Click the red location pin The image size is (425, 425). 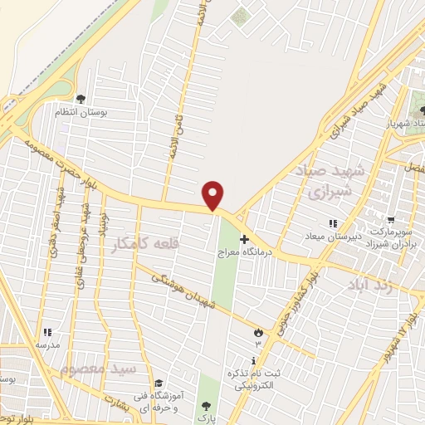click(x=214, y=195)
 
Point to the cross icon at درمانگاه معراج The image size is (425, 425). click(x=243, y=239)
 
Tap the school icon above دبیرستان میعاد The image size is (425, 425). click(x=333, y=224)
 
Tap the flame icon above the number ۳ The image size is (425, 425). click(x=257, y=333)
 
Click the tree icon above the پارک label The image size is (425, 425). click(x=205, y=406)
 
